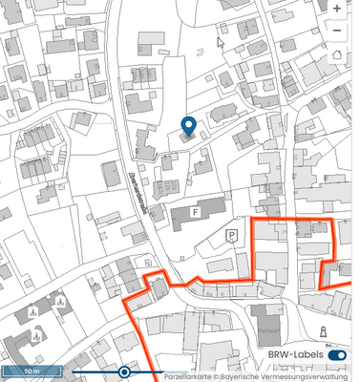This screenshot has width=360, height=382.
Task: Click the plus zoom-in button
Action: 337,8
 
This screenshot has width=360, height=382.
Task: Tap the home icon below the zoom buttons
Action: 337,53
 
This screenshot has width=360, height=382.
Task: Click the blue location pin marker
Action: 188,127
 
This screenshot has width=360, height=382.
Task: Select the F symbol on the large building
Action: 196,211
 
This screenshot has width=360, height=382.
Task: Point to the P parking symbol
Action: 230,235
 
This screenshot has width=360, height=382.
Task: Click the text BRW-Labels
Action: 293,355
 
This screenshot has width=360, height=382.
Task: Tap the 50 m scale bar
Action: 32,370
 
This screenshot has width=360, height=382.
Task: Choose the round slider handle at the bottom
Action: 124,371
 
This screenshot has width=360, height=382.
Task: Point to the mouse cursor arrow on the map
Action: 221,41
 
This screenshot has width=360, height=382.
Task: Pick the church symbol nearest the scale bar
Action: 38,334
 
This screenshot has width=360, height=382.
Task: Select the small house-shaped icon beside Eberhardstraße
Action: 147,260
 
